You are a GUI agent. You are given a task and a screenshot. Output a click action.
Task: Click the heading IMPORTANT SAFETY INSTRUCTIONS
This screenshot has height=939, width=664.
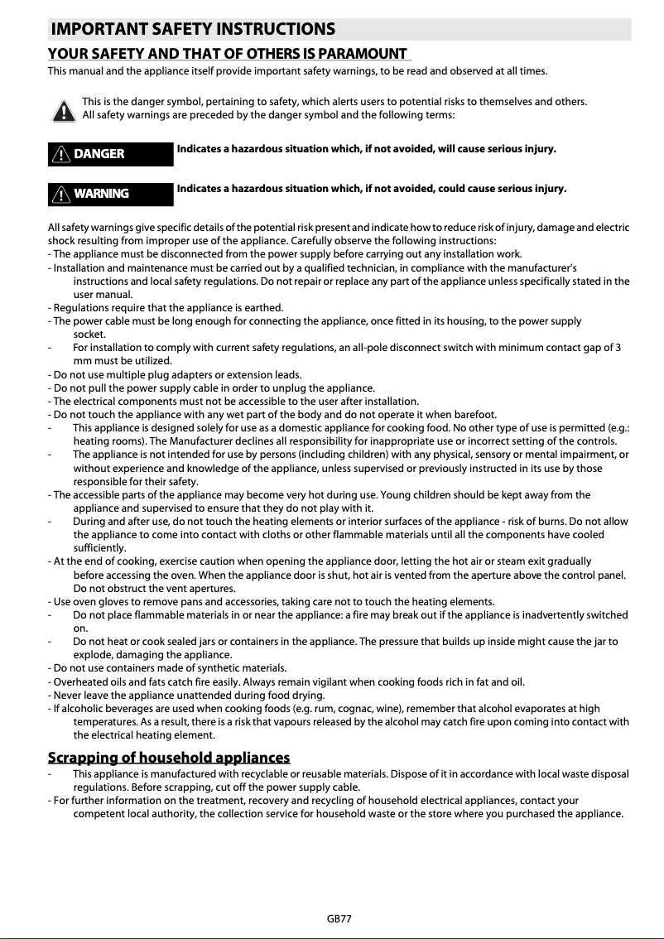point(193,30)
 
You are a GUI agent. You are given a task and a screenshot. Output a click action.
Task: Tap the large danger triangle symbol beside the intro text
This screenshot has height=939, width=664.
point(61,109)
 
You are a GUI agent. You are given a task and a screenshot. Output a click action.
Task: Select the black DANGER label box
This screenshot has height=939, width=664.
point(111,153)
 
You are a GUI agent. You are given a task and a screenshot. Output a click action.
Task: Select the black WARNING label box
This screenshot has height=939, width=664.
point(111,194)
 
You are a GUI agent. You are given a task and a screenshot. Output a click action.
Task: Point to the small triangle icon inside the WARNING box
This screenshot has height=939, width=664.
point(61,194)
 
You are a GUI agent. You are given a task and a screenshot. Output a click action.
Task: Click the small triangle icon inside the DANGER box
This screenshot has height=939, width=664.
point(61,153)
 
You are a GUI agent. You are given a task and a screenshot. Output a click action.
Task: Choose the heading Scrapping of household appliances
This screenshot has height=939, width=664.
point(169,757)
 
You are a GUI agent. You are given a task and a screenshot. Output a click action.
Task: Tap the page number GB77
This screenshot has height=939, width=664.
point(339,918)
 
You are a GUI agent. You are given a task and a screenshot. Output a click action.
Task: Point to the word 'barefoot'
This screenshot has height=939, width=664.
point(474,414)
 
